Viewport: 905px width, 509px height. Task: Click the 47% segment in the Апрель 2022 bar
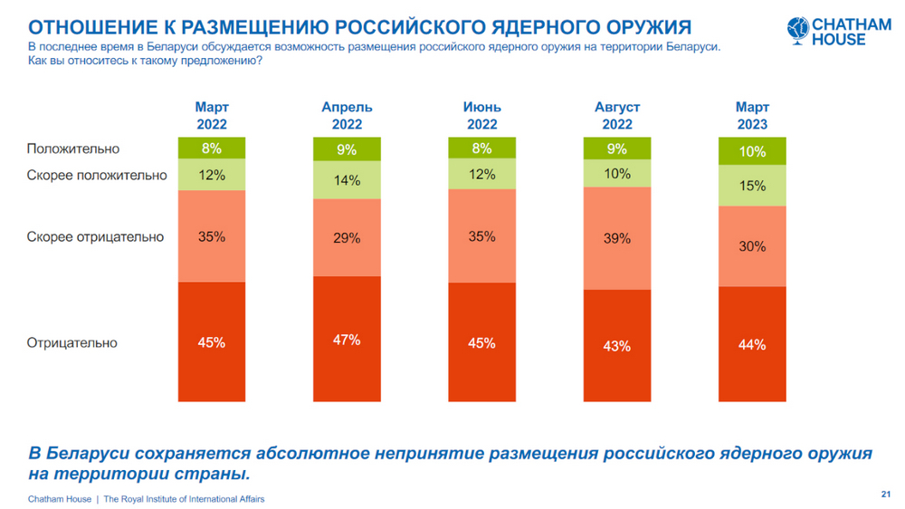(347, 339)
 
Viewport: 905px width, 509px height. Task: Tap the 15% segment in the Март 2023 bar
(752, 186)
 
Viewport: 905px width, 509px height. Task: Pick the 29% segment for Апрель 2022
(347, 237)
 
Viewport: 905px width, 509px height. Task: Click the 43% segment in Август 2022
(616, 345)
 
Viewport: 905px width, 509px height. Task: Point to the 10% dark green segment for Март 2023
(752, 151)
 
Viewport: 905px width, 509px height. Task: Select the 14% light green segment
(347, 180)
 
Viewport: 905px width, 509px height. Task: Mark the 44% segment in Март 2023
(752, 344)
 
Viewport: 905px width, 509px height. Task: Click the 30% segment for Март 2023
(752, 246)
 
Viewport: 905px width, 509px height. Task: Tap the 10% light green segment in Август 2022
(616, 173)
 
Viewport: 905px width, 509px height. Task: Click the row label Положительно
(73, 149)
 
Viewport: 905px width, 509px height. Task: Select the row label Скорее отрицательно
(95, 237)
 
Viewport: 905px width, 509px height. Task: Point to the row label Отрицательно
(72, 343)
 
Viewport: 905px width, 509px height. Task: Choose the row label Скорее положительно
(97, 175)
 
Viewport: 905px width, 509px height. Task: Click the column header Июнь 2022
(481, 116)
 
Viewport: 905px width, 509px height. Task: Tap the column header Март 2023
(752, 116)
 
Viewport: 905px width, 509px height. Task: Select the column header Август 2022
(616, 116)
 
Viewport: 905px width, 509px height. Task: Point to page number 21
(884, 494)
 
